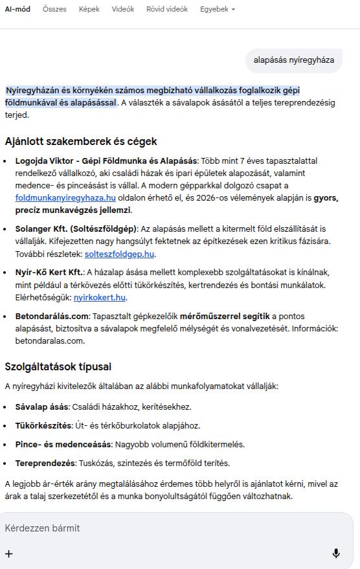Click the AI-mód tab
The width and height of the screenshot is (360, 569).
tap(17, 9)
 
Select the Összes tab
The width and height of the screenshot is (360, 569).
tap(54, 9)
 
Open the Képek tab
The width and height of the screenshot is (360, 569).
tap(89, 9)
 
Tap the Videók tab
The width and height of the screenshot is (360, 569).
tap(122, 9)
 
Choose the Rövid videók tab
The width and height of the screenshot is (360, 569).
tap(166, 9)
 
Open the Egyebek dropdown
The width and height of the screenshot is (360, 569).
tap(217, 9)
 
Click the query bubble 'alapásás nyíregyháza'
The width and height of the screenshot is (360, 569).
tap(293, 60)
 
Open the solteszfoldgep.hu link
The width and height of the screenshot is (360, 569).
tap(119, 254)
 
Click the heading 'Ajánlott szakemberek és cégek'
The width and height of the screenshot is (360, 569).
tap(81, 141)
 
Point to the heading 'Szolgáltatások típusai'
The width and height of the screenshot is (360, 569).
tap(58, 366)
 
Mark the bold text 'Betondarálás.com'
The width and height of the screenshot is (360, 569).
tap(52, 317)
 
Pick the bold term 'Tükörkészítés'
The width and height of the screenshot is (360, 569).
tap(43, 426)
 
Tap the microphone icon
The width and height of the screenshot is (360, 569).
tap(336, 553)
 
